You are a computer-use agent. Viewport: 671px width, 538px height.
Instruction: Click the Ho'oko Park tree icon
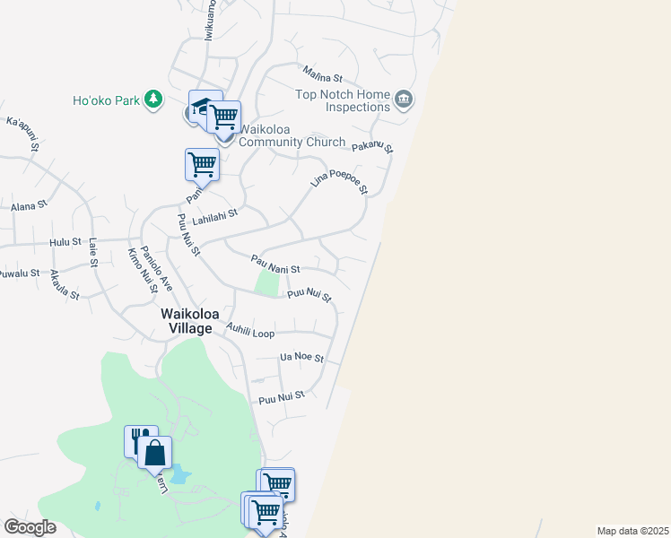tap(154, 99)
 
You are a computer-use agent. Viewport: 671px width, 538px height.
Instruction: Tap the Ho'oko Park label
tap(106, 100)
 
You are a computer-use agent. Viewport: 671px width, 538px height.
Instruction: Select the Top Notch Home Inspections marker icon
tap(404, 99)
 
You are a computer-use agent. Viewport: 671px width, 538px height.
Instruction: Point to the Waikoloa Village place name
tap(187, 321)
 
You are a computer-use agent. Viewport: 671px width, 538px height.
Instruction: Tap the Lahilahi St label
tap(213, 219)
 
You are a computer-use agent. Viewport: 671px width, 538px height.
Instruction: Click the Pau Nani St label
tap(274, 265)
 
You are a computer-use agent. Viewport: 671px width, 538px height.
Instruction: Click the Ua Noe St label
tap(301, 357)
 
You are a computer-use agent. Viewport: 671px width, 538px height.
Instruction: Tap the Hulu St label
tap(65, 242)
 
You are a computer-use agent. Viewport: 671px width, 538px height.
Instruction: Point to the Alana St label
tap(29, 206)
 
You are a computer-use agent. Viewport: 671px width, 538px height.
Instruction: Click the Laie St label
tap(92, 252)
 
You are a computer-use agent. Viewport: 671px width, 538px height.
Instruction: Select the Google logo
tap(30, 526)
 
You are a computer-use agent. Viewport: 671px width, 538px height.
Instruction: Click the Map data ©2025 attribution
tap(632, 531)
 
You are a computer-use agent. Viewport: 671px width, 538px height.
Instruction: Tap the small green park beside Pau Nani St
tap(266, 282)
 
